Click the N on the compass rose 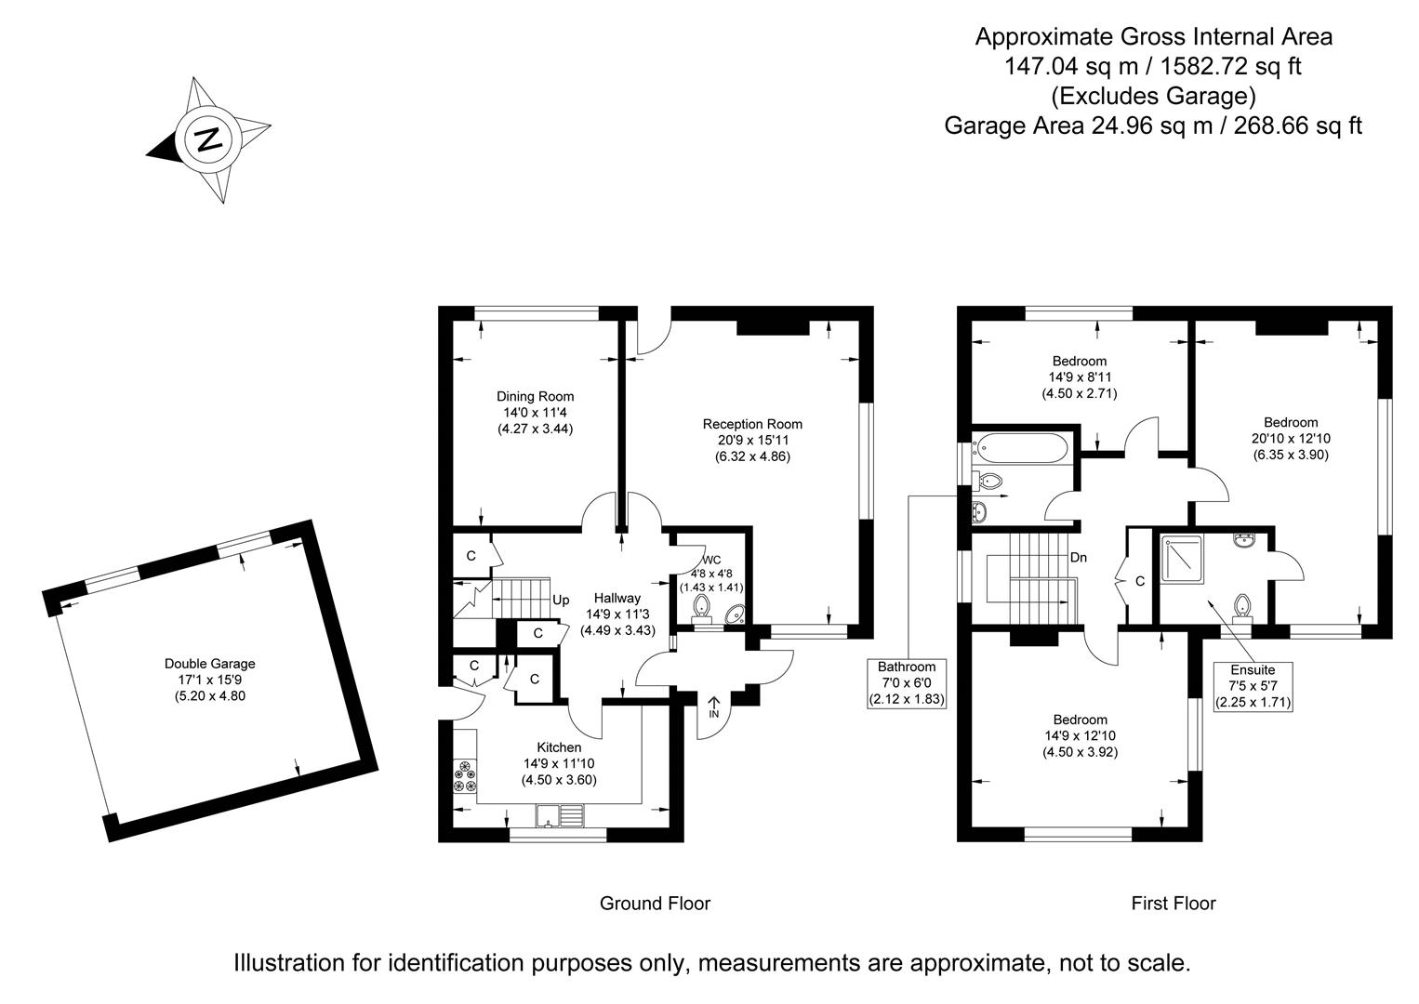209,139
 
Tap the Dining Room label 535,396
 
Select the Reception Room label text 752,424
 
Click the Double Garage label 209,664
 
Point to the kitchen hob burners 464,776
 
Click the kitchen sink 559,815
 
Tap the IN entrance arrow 714,707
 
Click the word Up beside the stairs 561,601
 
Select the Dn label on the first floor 1079,558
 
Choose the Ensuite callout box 1253,685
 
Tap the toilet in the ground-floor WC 702,607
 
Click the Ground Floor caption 655,903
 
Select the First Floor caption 1173,903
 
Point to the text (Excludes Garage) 1153,96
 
